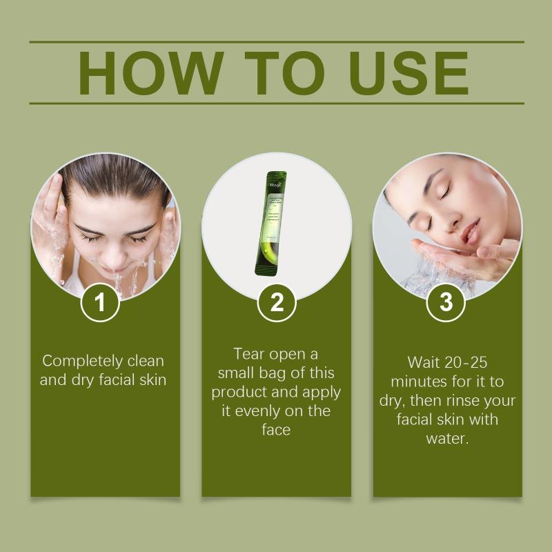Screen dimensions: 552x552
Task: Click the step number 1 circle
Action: click(100, 302)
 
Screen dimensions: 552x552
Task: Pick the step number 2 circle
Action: click(277, 302)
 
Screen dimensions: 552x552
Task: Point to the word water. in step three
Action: click(448, 439)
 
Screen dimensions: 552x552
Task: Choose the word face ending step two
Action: click(276, 430)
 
